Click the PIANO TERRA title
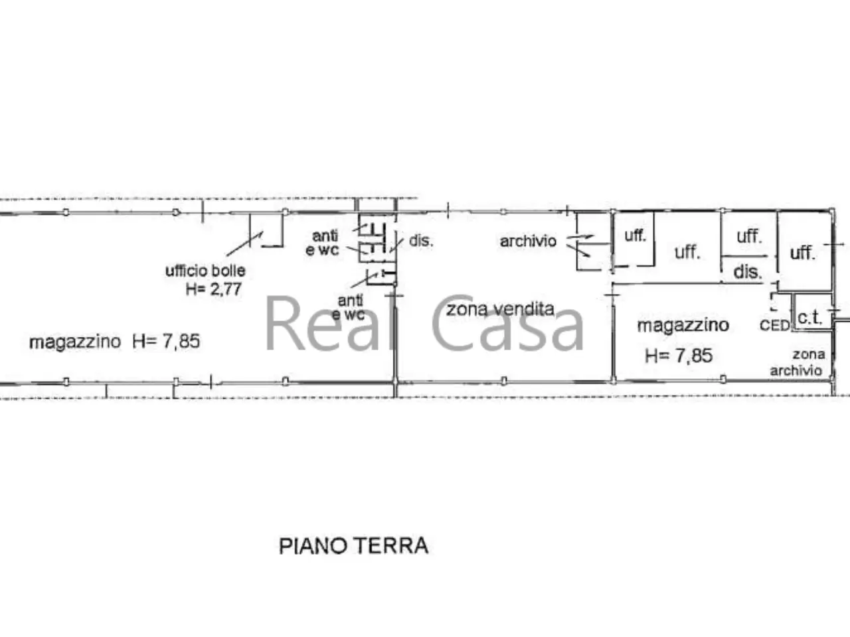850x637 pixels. [353, 546]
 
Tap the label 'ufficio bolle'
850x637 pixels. [205, 271]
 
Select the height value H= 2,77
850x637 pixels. [213, 289]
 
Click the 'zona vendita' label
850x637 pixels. [500, 309]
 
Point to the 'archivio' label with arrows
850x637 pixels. [528, 242]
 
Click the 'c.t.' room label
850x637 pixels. [809, 318]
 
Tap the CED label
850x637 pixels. [774, 325]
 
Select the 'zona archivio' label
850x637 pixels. [798, 362]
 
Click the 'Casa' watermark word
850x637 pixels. [507, 324]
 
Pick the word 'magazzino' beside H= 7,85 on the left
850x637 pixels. [75, 342]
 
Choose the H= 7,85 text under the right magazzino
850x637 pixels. [679, 356]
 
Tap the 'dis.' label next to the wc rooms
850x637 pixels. [421, 241]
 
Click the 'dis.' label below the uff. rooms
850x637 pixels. [747, 272]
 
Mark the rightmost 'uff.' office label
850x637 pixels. [802, 253]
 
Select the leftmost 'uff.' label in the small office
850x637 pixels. [635, 235]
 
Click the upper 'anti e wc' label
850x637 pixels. [322, 243]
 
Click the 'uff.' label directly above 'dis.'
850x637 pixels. [749, 237]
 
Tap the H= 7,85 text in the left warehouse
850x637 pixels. [166, 342]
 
